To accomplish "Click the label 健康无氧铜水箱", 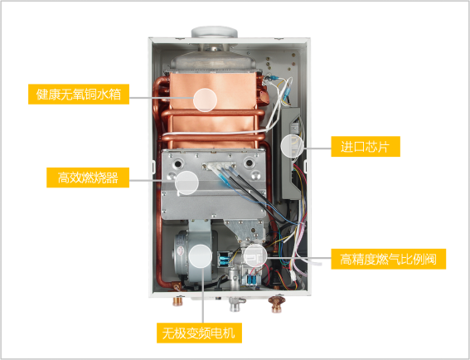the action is pos(79,95).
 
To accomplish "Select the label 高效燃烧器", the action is pos(88,178).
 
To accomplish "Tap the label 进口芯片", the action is pos(366,146).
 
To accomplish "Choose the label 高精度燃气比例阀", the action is pos(389,259).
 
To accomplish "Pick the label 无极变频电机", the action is pos(199,333).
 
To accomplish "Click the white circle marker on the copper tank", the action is pos(205,100).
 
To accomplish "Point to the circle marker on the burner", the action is pos(187,182).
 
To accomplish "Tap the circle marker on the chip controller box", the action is pos(293,146).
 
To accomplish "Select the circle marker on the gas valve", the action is pos(255,255).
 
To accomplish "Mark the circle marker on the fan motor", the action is pos(201,256).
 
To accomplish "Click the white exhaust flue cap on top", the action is pos(215,32).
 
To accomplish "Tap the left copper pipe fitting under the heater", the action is pos(178,301).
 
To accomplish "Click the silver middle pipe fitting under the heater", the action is pos(235,304).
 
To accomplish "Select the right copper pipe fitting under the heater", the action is pos(277,304).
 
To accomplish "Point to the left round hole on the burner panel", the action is pos(178,164).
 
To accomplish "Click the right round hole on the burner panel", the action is pos(249,163).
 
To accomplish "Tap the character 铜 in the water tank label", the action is pos(90,95).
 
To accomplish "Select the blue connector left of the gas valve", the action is pos(223,260).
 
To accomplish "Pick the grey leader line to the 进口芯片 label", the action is pos(317,148).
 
